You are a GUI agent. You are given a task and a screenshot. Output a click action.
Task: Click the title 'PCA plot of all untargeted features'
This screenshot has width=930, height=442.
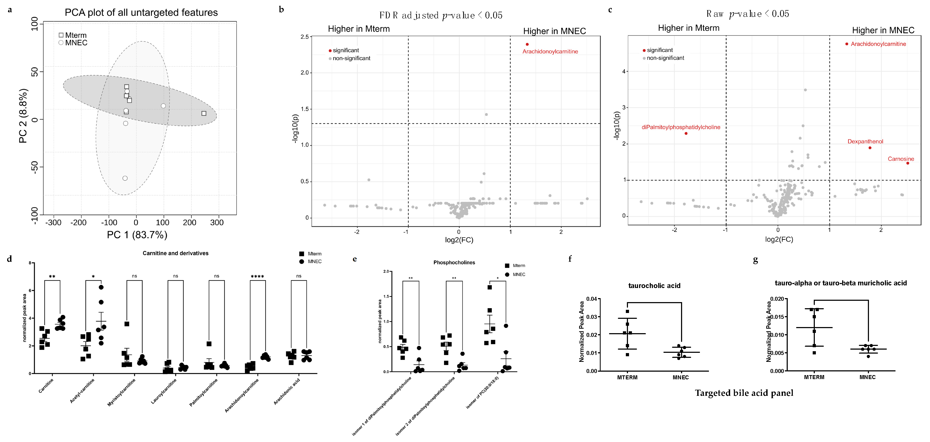pyautogui.click(x=141, y=13)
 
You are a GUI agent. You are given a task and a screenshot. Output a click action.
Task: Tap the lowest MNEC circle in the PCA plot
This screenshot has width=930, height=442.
pyautogui.click(x=125, y=178)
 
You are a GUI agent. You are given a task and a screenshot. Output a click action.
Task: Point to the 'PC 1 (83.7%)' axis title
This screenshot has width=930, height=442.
pyautogui.click(x=137, y=235)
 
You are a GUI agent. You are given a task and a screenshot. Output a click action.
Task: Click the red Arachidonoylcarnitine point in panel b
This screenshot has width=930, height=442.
pyautogui.click(x=527, y=44)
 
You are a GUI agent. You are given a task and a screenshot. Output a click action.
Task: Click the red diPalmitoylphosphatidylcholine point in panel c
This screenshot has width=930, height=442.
pyautogui.click(x=686, y=134)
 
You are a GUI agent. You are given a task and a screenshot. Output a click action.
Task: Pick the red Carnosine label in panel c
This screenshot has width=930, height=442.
pyautogui.click(x=901, y=159)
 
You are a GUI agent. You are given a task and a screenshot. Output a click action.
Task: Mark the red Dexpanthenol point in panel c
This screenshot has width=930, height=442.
pyautogui.click(x=870, y=148)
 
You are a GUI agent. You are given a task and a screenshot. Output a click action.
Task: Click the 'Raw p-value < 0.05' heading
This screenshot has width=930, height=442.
pyautogui.click(x=748, y=14)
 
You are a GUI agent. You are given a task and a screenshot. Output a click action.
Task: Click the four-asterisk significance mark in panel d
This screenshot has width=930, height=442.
pyautogui.click(x=257, y=277)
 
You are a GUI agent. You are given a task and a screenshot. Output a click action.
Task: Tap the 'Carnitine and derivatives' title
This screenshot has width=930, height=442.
pyautogui.click(x=175, y=254)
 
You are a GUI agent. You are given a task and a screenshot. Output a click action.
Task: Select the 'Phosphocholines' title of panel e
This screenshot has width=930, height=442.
pyautogui.click(x=454, y=263)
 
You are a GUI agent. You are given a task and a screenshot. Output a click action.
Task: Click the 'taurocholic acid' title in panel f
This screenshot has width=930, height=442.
pyautogui.click(x=654, y=286)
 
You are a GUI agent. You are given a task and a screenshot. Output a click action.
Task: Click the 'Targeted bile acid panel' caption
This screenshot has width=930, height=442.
pyautogui.click(x=744, y=393)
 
